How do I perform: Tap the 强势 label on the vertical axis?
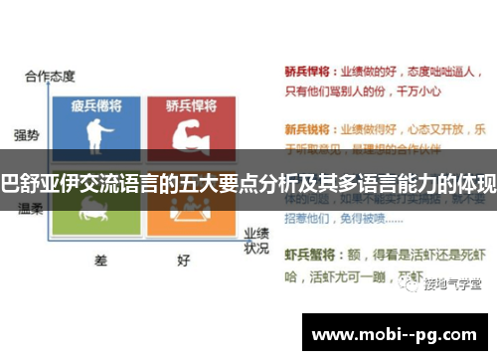coord(27,134)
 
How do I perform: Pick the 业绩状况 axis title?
coord(256,239)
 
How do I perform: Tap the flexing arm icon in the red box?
coord(189,134)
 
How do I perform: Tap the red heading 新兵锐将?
coord(303,129)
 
